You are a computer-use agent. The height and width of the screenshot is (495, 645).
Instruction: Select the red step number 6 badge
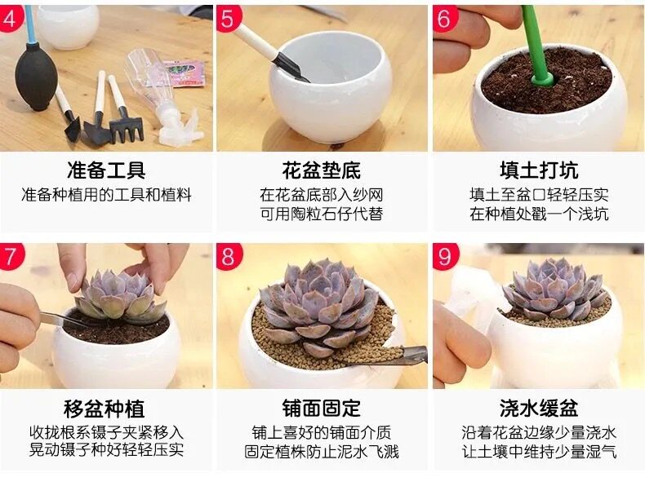click(445, 18)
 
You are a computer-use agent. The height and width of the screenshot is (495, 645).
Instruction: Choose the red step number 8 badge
click(229, 256)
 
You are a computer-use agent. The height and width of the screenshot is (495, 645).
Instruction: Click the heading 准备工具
click(106, 170)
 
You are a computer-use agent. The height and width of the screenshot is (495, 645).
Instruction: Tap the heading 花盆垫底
click(321, 170)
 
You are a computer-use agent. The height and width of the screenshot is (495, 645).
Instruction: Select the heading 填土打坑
click(539, 170)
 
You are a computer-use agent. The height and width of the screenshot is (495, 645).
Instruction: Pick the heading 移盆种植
click(104, 409)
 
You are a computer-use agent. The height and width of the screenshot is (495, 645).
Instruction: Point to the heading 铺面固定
click(321, 409)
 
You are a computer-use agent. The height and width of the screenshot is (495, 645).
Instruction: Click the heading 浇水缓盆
click(539, 409)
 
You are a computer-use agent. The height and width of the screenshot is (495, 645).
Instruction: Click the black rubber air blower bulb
click(36, 76)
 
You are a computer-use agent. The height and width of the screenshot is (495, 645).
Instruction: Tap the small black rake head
click(127, 130)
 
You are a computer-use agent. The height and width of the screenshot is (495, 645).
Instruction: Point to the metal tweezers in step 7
click(62, 319)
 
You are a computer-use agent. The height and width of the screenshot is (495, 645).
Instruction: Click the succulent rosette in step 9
click(556, 289)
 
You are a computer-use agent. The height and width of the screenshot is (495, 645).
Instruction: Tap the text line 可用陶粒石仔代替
click(321, 214)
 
